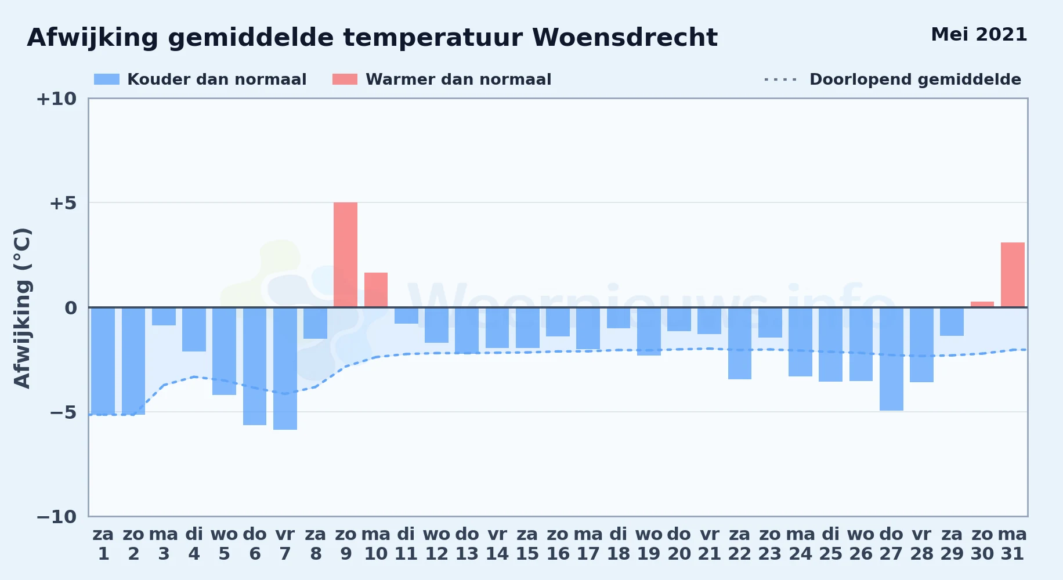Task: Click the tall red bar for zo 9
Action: (x=345, y=255)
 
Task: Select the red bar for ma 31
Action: (x=1013, y=275)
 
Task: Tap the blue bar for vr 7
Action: (x=285, y=368)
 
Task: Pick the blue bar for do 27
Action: (x=891, y=359)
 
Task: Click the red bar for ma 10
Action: (x=376, y=290)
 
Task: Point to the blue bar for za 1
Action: (x=103, y=361)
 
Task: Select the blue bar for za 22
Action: (x=740, y=343)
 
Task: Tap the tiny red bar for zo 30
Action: (x=982, y=304)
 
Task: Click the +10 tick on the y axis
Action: (x=56, y=99)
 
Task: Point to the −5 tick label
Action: (x=63, y=412)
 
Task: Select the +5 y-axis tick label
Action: (x=63, y=204)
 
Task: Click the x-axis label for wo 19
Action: (x=649, y=544)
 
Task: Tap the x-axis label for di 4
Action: (x=194, y=544)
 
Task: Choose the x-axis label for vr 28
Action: (x=921, y=544)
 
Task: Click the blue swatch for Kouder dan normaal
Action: (x=107, y=79)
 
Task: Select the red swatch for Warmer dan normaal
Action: (x=345, y=79)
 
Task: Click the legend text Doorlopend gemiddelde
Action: (x=915, y=79)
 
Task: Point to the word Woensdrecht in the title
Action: (x=625, y=38)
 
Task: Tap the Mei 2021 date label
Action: (x=979, y=35)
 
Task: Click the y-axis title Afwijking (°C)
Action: (x=22, y=308)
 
